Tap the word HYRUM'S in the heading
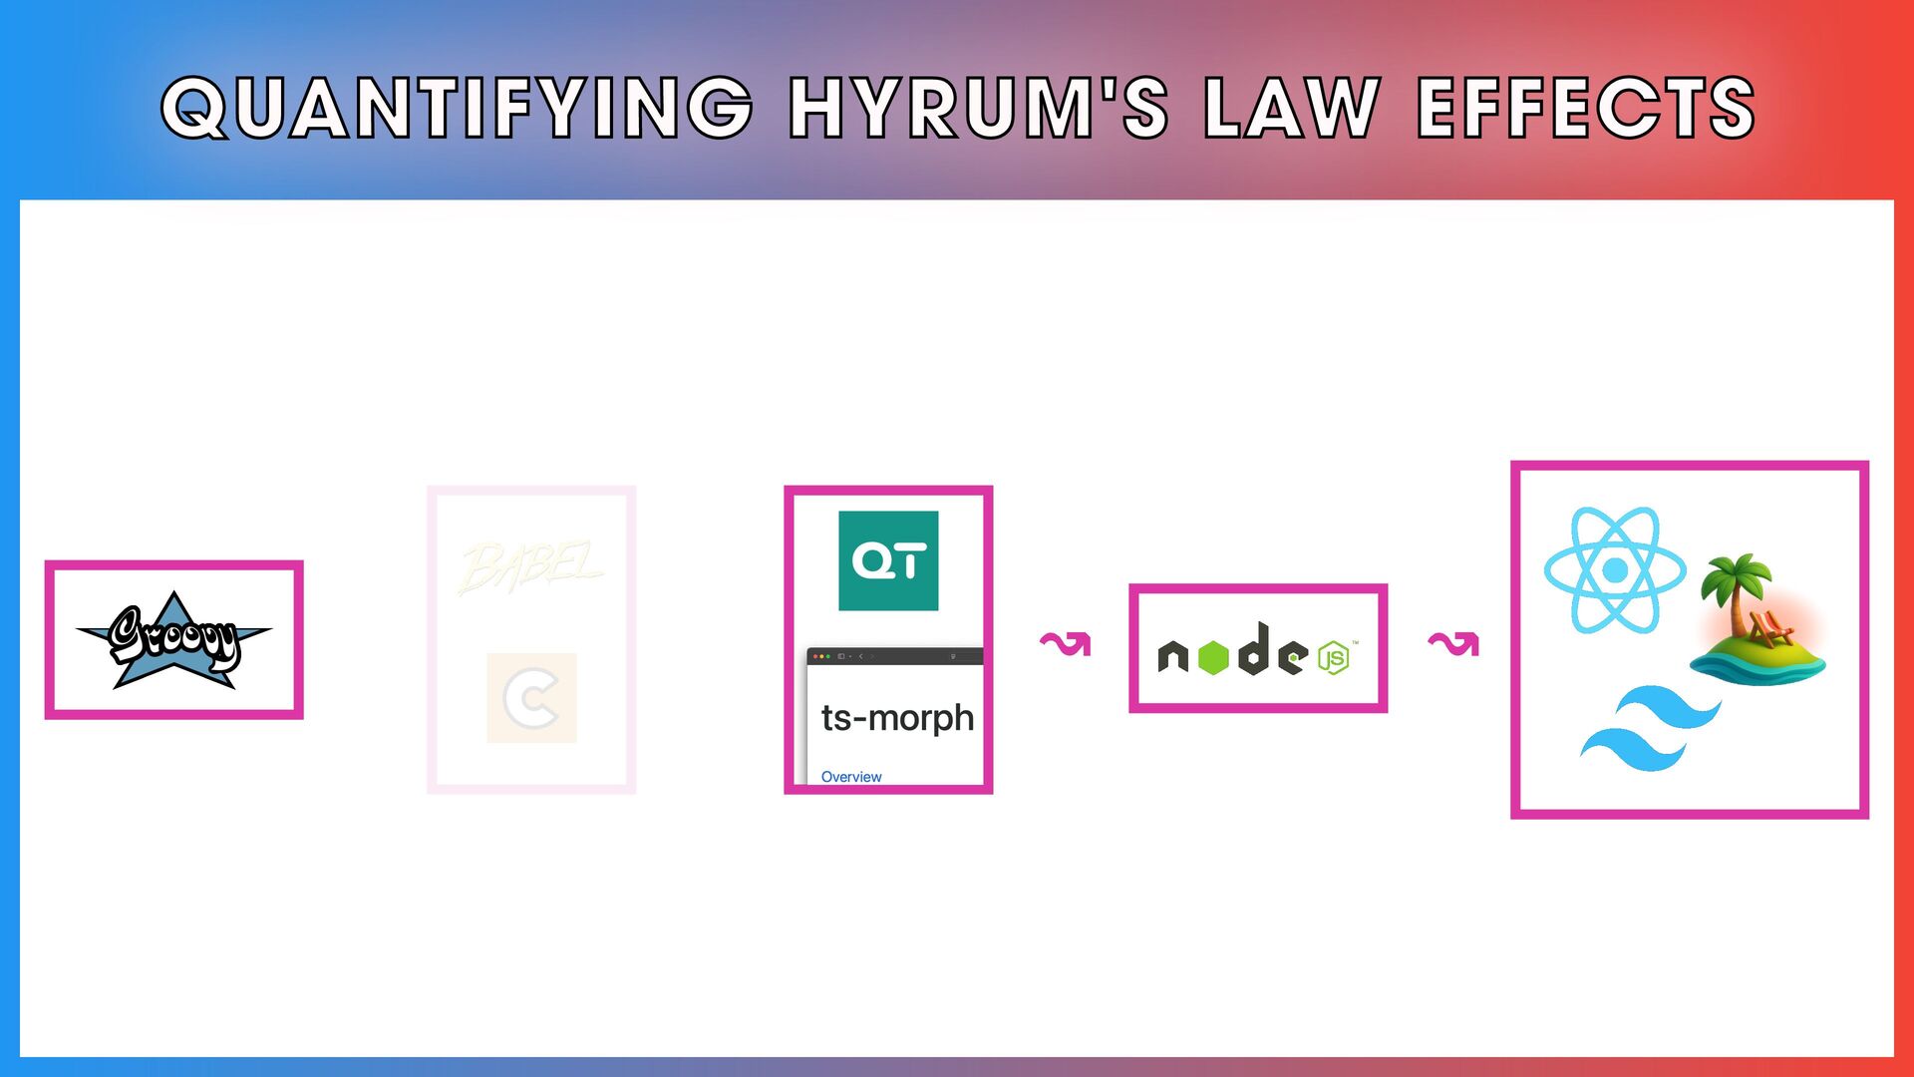pyautogui.click(x=978, y=108)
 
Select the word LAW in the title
pyautogui.click(x=1292, y=108)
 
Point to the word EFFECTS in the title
pyautogui.click(x=1585, y=108)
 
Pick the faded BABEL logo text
pyautogui.click(x=530, y=567)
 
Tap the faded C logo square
pyautogui.click(x=531, y=698)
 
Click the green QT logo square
pyautogui.click(x=888, y=560)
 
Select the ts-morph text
pyautogui.click(x=897, y=718)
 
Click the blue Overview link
pyautogui.click(x=851, y=777)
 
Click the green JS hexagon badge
pyautogui.click(x=1334, y=658)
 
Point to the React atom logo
pyautogui.click(x=1615, y=570)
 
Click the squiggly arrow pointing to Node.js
pyautogui.click(x=1066, y=644)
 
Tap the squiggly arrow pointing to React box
pyautogui.click(x=1453, y=644)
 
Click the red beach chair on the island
pyautogui.click(x=1770, y=629)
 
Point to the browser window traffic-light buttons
pyautogui.click(x=821, y=656)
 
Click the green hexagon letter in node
pyautogui.click(x=1212, y=657)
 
